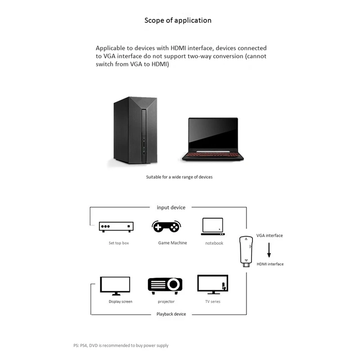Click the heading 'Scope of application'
tap(178, 20)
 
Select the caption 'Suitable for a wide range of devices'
tap(179, 177)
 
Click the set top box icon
tap(117, 227)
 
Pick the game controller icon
tap(166, 226)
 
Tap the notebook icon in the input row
tap(213, 226)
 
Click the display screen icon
tap(115, 286)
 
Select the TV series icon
tap(212, 285)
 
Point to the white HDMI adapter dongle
tap(245, 252)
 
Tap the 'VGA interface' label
tap(270, 235)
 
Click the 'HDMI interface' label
tap(270, 264)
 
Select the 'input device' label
tap(171, 207)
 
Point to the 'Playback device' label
tap(171, 314)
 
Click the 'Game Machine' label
tap(172, 243)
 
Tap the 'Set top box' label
tap(119, 243)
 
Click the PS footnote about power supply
tap(121, 346)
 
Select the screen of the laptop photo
tap(213, 134)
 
